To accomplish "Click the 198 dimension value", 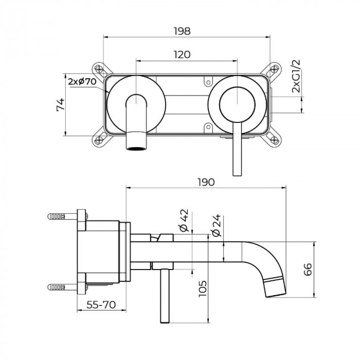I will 183,31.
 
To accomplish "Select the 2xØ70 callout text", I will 82,81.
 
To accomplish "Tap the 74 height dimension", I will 61,105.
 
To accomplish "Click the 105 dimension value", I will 203,292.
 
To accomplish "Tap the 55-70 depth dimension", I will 101,304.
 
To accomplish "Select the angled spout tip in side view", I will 275,286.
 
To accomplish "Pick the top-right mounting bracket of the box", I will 273,69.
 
